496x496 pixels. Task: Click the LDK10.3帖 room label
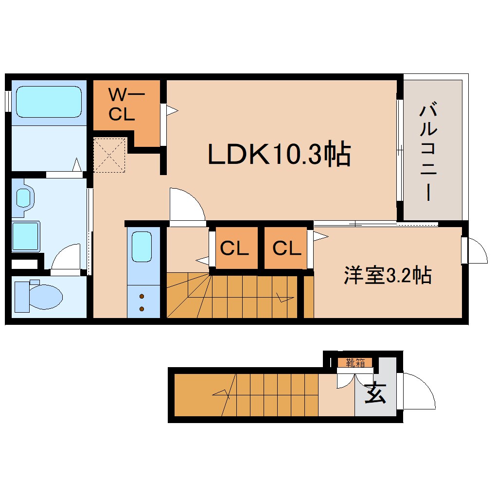point(279,155)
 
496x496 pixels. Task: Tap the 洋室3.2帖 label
point(388,276)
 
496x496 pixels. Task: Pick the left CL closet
point(234,248)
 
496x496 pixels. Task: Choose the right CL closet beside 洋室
point(286,248)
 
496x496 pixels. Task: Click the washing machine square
point(26,236)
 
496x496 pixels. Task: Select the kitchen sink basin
point(142,247)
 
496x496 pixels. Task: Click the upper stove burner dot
point(142,296)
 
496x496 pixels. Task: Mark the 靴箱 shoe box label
point(355,362)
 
